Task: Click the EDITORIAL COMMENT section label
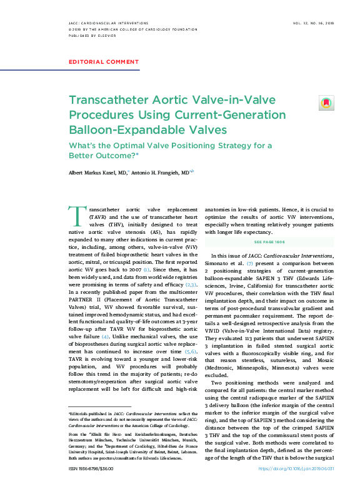click(x=103, y=62)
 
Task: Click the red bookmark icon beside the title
click(x=326, y=103)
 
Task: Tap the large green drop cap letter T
click(x=77, y=216)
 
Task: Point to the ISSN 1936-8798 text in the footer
click(x=89, y=468)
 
